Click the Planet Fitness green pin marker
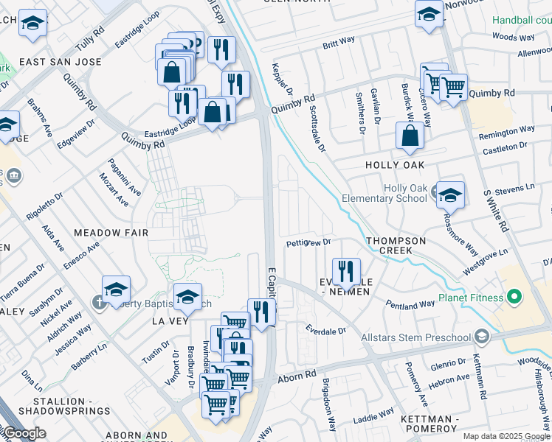coord(515,298)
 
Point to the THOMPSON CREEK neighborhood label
coord(396,245)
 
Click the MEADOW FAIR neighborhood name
coord(111,233)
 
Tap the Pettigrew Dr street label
coord(308,242)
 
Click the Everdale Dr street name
coord(326,331)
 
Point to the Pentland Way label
coord(410,304)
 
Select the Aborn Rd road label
coord(296,377)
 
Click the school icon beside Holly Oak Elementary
coord(450,194)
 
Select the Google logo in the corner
coord(24,433)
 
